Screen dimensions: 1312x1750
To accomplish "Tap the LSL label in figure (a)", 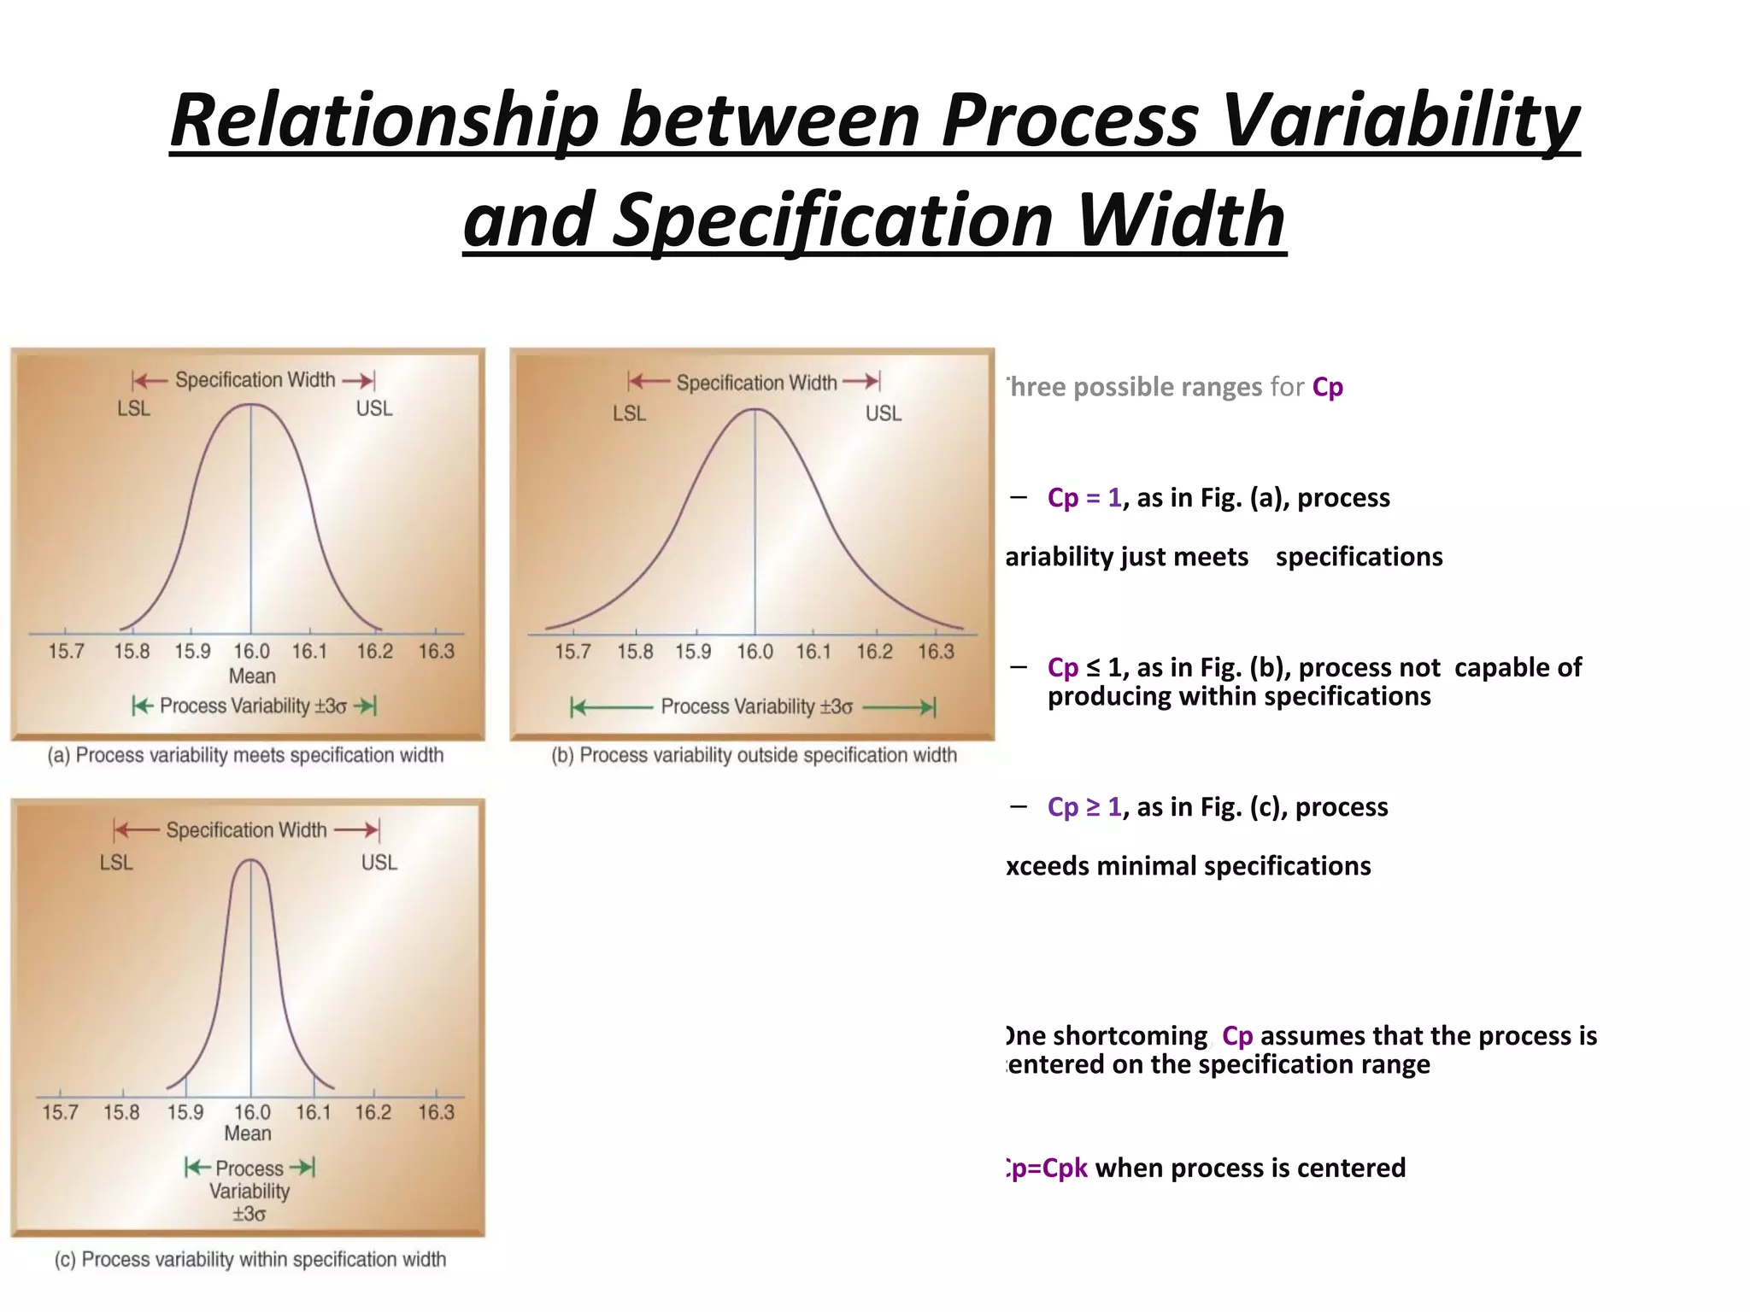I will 134,409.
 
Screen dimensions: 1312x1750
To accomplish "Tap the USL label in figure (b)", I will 883,413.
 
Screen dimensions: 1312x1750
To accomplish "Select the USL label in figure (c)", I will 379,863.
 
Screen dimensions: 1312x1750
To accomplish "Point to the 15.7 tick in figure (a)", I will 66,652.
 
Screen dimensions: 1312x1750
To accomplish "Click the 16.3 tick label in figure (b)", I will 936,652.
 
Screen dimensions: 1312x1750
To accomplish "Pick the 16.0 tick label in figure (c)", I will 251,1112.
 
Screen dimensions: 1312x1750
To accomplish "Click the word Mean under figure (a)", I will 252,676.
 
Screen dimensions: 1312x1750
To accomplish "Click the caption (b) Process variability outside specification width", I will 754,755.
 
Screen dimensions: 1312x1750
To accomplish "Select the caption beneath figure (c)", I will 250,1259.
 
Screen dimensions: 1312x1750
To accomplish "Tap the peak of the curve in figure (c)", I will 251,860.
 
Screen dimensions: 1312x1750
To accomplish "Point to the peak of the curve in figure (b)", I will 755,410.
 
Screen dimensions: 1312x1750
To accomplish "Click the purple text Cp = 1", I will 1083,498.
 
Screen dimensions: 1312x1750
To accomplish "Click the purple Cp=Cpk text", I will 1047,1168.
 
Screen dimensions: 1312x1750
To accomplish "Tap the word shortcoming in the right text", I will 1130,1036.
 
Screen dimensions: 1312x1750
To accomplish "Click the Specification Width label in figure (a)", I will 255,380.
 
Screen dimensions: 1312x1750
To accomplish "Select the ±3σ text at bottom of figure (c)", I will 249,1214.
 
